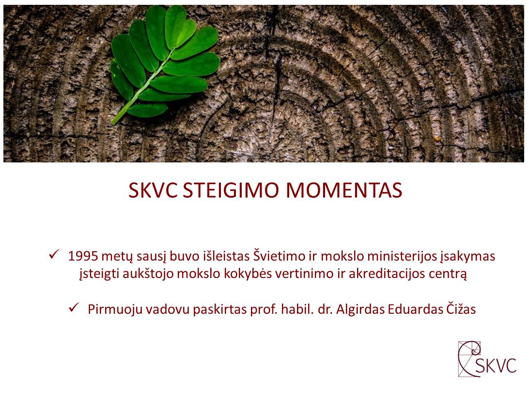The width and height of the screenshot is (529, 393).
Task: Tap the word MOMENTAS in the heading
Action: tap(344, 190)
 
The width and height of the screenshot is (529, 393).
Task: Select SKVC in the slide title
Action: tap(153, 190)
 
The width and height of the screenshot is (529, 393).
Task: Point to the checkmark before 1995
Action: tap(54, 254)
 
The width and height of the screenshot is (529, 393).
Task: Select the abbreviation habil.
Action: tap(297, 309)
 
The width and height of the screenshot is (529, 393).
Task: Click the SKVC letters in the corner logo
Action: tap(496, 365)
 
